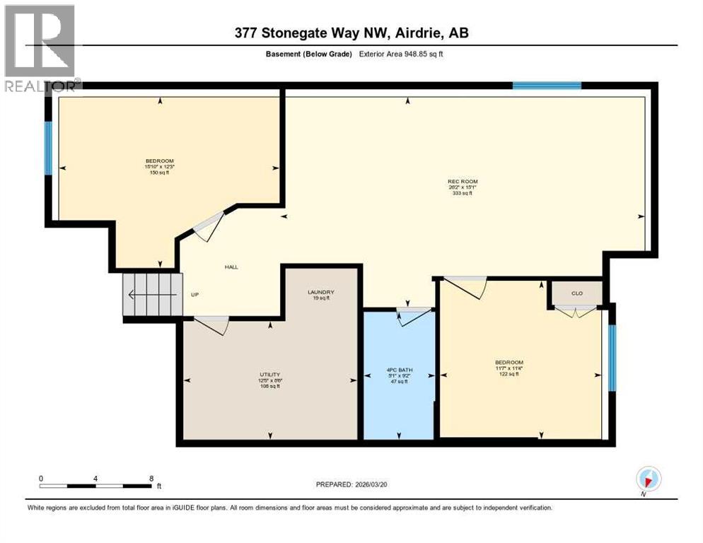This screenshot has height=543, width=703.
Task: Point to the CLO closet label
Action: point(576,293)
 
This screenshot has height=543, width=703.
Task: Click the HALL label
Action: point(231,267)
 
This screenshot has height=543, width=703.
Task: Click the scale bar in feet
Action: point(95,485)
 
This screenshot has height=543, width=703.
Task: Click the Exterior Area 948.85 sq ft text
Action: point(403,54)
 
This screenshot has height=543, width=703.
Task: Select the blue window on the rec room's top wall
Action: point(547,86)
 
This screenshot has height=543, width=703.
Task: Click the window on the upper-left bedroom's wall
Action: point(49,148)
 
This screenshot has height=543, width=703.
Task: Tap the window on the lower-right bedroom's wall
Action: point(612,357)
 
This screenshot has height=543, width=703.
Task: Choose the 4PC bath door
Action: point(414,315)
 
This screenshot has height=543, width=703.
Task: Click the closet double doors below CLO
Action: point(576,310)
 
